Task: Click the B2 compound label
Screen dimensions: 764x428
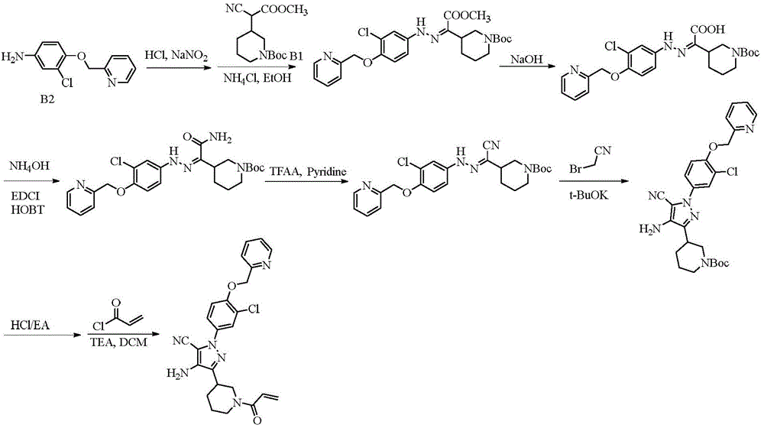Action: [x=47, y=100]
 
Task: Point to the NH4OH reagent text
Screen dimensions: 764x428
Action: [x=29, y=166]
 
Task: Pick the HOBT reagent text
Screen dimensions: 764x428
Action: [x=28, y=210]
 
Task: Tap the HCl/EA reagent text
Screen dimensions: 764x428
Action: [x=30, y=325]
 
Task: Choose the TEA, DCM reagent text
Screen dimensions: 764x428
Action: [x=118, y=342]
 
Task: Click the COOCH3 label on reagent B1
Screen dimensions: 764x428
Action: [x=284, y=10]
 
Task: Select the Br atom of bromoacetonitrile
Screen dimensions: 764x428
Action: [x=575, y=169]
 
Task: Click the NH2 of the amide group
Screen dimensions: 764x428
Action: [x=220, y=138]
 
